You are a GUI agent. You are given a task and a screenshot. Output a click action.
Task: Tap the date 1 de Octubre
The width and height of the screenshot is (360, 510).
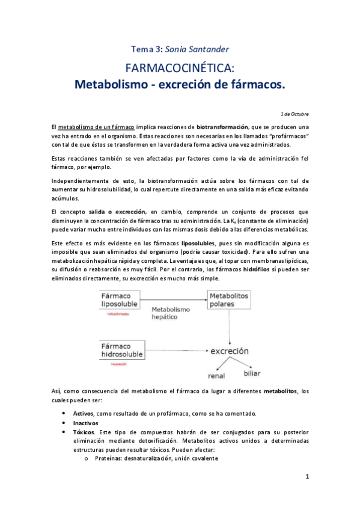tap(294, 113)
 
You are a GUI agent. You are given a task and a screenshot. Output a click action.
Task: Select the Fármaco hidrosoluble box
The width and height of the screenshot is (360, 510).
tap(122, 351)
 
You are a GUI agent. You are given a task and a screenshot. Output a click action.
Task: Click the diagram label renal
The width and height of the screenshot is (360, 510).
tap(216, 377)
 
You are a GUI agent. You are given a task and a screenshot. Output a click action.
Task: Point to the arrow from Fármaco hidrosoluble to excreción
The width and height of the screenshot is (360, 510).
tap(175, 351)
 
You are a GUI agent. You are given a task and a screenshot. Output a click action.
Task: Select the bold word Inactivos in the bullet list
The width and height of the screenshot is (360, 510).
tap(86, 423)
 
